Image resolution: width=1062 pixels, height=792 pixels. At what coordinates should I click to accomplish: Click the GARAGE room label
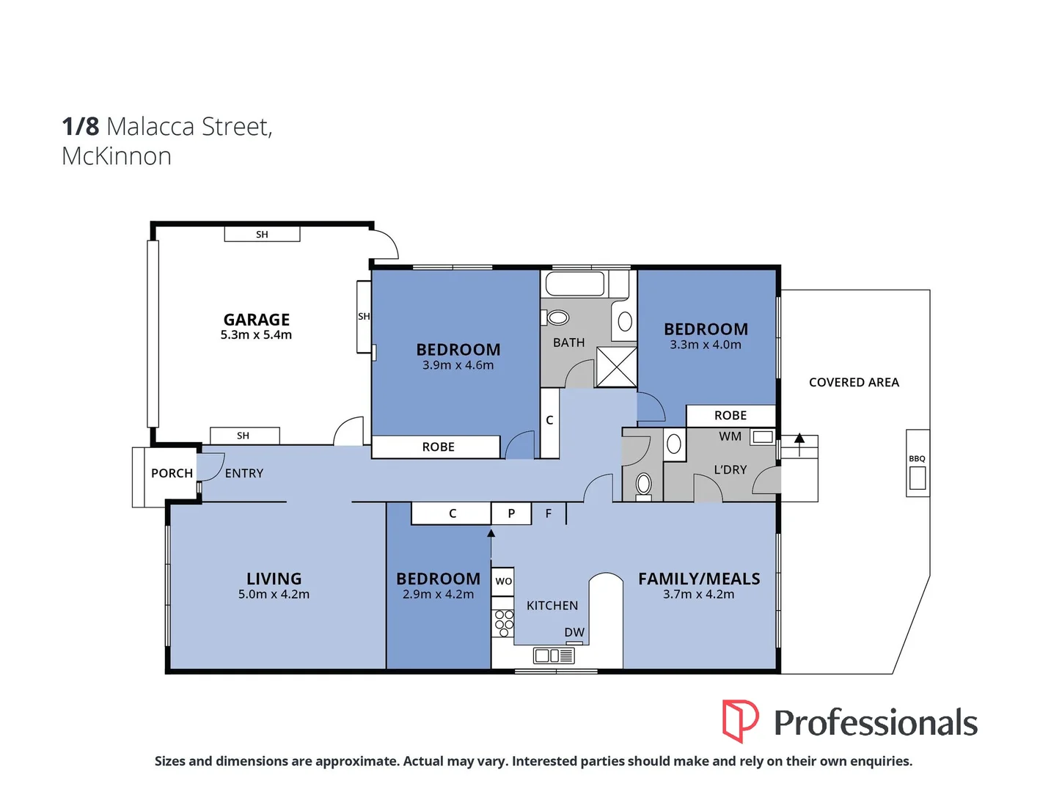(257, 320)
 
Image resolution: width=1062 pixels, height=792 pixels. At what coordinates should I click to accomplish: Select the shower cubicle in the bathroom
(616, 367)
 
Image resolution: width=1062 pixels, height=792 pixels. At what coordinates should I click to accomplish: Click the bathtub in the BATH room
(575, 284)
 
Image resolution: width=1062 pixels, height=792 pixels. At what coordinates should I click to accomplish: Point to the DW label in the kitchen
(574, 632)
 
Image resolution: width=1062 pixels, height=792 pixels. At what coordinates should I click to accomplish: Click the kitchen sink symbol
(554, 656)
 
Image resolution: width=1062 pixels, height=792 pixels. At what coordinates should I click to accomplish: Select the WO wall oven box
(503, 581)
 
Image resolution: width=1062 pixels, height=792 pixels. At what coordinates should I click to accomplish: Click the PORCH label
(172, 474)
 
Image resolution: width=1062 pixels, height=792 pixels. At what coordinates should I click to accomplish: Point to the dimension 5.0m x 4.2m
(274, 595)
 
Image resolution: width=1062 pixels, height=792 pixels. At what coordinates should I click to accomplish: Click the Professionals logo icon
(740, 721)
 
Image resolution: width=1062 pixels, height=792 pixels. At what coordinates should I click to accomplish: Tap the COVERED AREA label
(854, 383)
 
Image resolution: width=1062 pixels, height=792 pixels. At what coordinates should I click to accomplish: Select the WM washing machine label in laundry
(730, 436)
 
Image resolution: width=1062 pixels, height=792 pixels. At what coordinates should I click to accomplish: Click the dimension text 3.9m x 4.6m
(458, 365)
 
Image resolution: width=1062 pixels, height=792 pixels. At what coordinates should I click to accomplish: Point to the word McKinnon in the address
(117, 156)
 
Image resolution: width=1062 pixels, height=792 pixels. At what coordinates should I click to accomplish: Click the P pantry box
(511, 513)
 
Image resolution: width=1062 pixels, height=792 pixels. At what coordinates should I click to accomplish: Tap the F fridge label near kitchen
(549, 513)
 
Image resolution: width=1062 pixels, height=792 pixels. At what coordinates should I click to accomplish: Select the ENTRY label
(244, 474)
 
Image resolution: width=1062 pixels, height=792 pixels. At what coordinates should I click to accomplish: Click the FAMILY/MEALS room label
(699, 579)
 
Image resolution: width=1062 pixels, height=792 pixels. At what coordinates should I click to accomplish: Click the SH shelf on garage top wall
(262, 235)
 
